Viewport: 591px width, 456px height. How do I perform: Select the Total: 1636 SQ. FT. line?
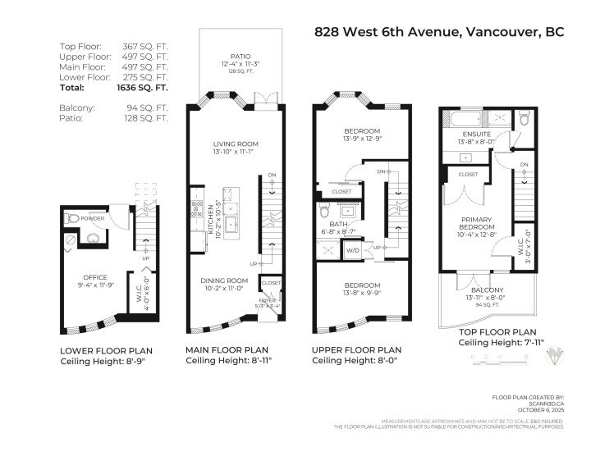pos(113,87)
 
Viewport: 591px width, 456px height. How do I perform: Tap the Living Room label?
pos(236,144)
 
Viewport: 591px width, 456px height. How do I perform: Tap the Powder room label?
pos(92,219)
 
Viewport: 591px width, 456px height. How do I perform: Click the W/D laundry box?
pos(354,250)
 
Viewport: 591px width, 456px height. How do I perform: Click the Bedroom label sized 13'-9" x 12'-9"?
pos(361,131)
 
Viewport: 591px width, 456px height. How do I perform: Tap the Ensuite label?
pos(477,135)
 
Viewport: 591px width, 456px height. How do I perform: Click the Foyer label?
pos(268,301)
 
